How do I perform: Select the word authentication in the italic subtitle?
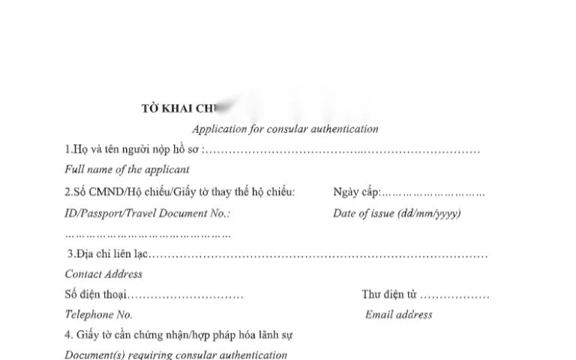(343, 129)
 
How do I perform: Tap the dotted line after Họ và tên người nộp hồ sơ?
(342, 150)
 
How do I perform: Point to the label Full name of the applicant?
(127, 169)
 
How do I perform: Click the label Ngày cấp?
(356, 192)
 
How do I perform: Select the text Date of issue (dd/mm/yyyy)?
(397, 213)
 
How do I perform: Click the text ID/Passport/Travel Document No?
(147, 213)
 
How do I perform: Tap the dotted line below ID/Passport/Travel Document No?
(148, 235)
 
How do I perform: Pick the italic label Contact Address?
(103, 274)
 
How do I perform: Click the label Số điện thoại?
(96, 294)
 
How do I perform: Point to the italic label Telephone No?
(99, 315)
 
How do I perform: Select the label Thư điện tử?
(388, 294)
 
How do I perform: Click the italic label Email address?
(398, 315)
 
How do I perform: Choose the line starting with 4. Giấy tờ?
(178, 335)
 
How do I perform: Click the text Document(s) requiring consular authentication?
(175, 355)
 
